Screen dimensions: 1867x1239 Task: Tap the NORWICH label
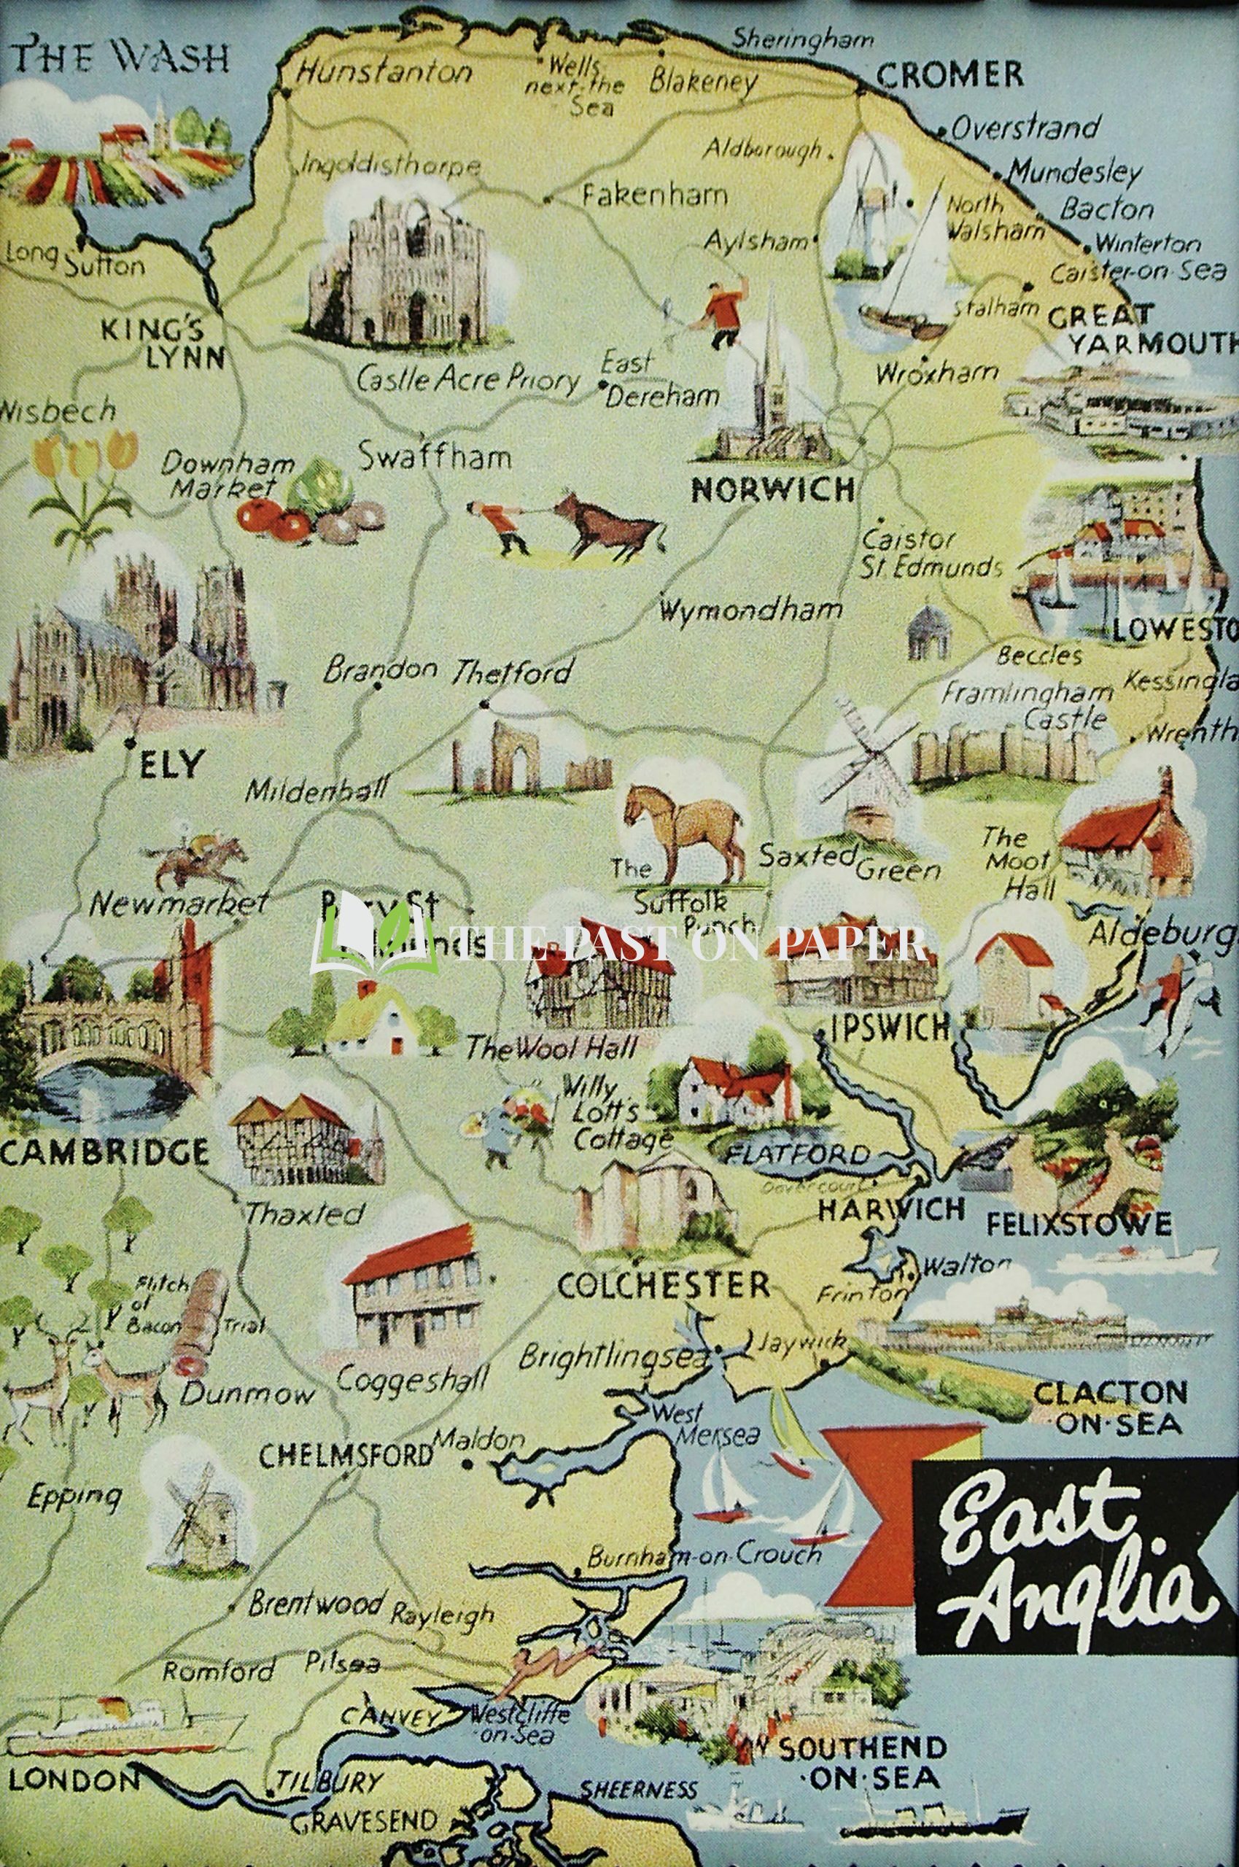pos(773,490)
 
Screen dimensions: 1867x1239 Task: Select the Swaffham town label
pos(434,457)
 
